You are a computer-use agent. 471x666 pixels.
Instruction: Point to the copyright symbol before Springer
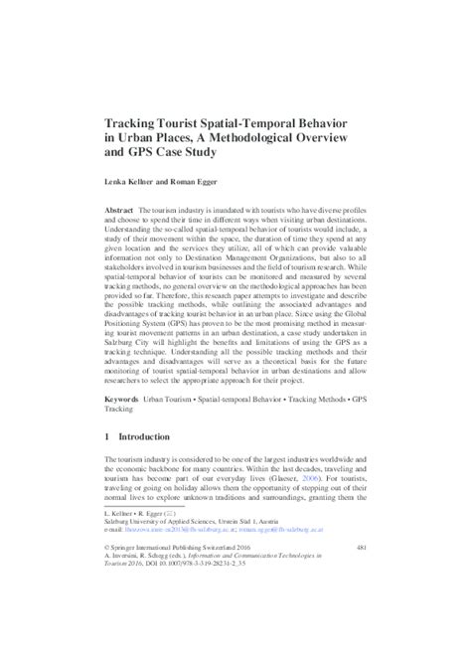pyautogui.click(x=106, y=602)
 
